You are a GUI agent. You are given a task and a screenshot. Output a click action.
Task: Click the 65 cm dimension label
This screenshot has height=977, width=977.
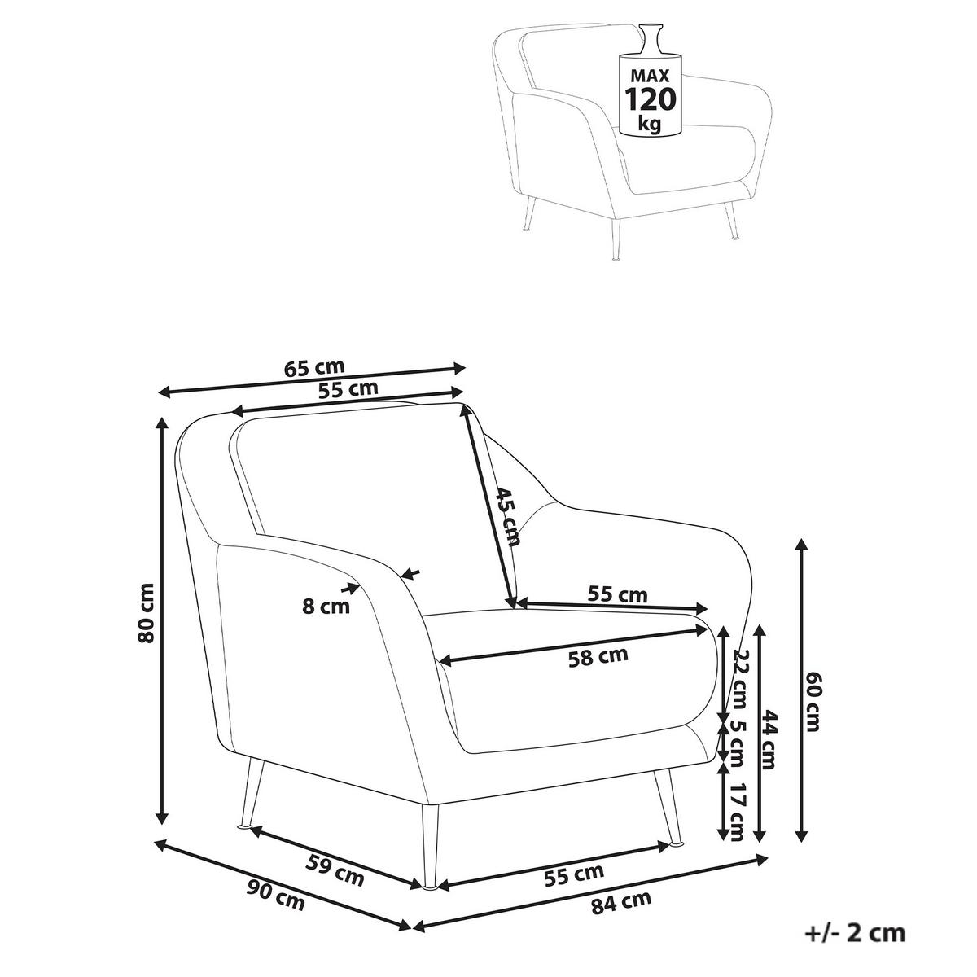[313, 366]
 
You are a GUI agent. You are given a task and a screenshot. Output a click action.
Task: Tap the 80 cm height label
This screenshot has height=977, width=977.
[146, 614]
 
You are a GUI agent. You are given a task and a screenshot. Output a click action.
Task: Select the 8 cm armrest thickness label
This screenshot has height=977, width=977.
[326, 607]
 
